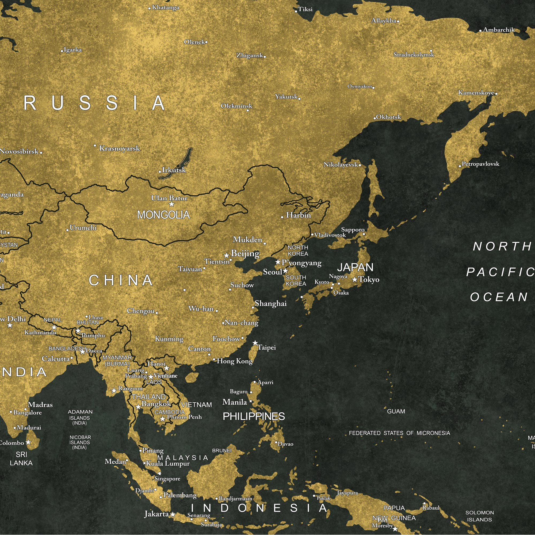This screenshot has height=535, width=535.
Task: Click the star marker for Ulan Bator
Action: click(172, 204)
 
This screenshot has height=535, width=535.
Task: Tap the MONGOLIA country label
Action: click(163, 215)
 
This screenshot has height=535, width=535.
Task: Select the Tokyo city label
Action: click(369, 280)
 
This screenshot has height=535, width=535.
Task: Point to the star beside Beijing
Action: click(227, 255)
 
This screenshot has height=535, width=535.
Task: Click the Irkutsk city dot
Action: click(160, 172)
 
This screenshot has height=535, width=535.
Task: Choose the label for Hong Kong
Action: click(235, 361)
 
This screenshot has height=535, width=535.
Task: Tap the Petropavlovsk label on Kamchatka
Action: click(480, 164)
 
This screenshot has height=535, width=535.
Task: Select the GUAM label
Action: click(396, 411)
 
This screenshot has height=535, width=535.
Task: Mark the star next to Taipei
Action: click(255, 343)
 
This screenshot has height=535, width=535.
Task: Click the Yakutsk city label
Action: click(286, 97)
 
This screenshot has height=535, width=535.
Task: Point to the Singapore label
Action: click(167, 479)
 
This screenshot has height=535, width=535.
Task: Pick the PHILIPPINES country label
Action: click(254, 416)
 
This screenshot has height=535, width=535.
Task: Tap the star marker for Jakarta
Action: click(173, 514)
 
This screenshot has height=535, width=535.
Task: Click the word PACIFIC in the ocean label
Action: click(500, 272)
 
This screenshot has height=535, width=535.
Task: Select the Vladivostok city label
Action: click(330, 235)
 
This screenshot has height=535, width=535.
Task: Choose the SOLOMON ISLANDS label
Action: click(480, 516)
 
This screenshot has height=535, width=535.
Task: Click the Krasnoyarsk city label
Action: click(120, 148)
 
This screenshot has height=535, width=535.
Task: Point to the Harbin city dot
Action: click(282, 217)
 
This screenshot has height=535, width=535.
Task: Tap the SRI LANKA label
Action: click(21, 459)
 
